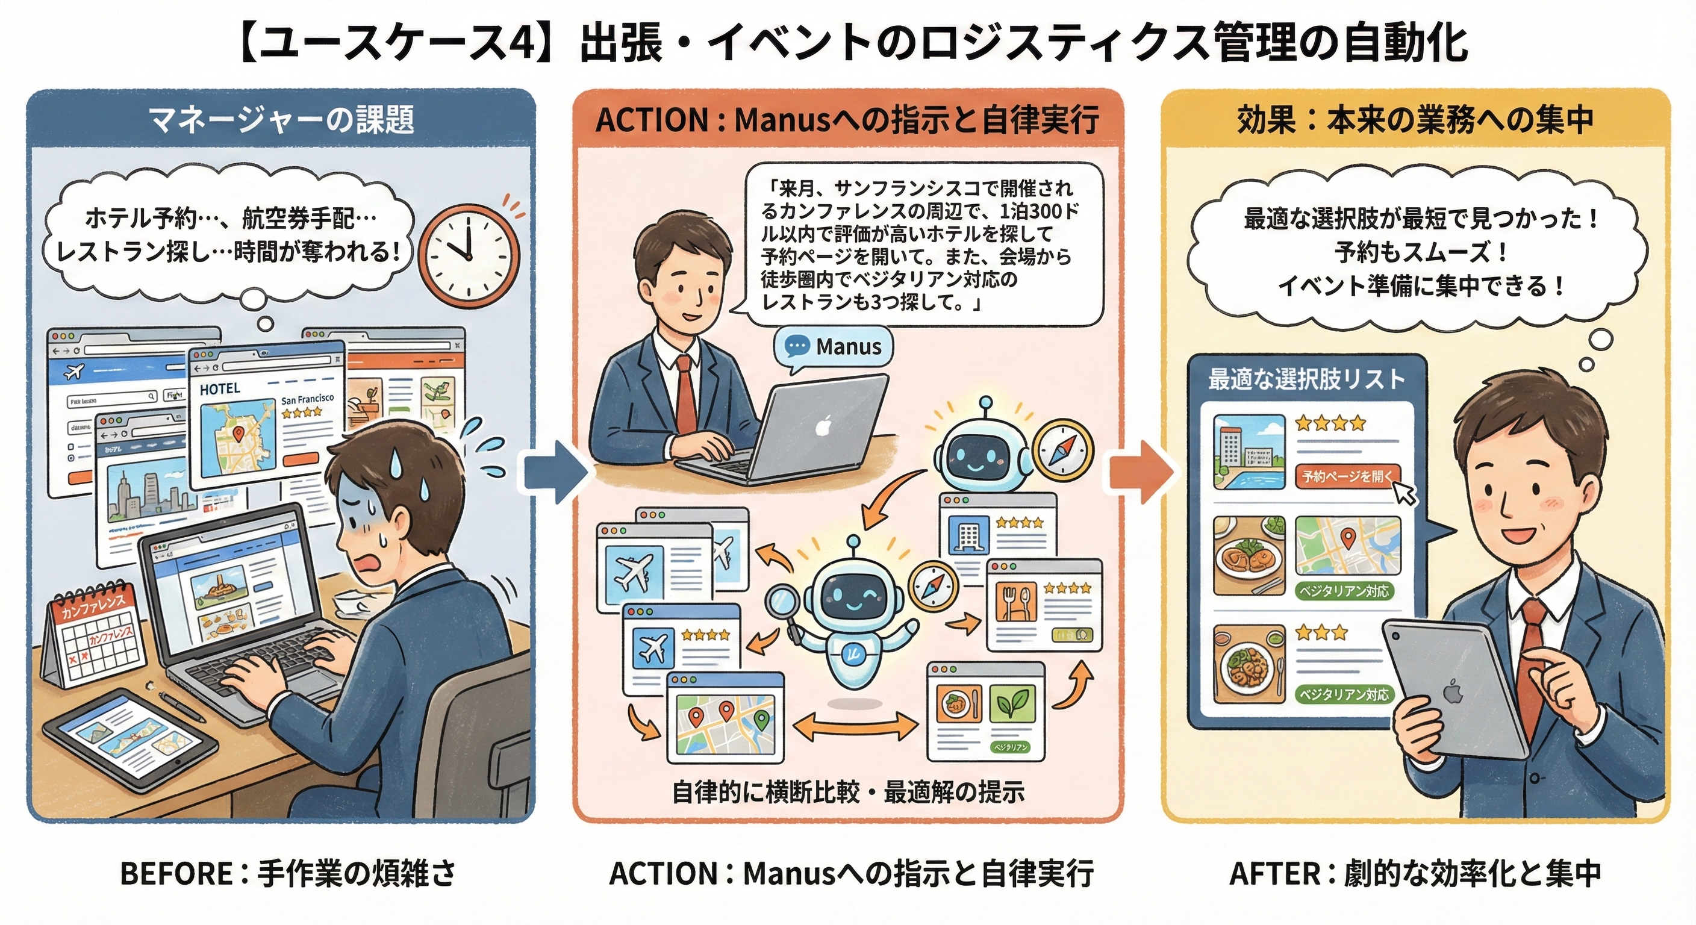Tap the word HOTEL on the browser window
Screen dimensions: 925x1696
pyautogui.click(x=220, y=389)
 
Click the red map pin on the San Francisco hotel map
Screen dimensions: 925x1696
pyautogui.click(x=239, y=432)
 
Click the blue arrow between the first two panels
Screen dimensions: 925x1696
pyautogui.click(x=555, y=472)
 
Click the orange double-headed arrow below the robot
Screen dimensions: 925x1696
pyautogui.click(x=855, y=727)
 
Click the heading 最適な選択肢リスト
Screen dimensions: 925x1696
pyautogui.click(x=1306, y=380)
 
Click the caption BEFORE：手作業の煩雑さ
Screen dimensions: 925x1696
pyautogui.click(x=288, y=874)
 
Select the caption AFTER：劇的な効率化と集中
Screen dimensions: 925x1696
pyautogui.click(x=1415, y=874)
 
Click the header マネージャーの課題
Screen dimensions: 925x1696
pyautogui.click(x=281, y=120)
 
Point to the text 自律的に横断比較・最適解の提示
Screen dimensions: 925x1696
pyautogui.click(x=848, y=792)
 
